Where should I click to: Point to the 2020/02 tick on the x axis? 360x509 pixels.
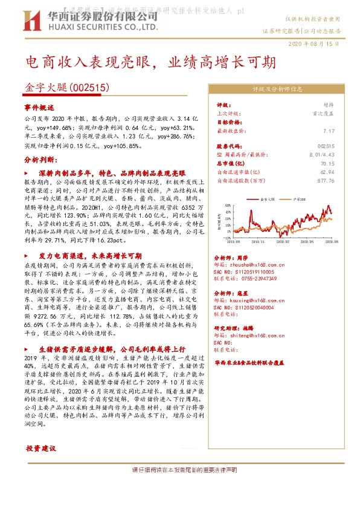[x=286, y=241]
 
